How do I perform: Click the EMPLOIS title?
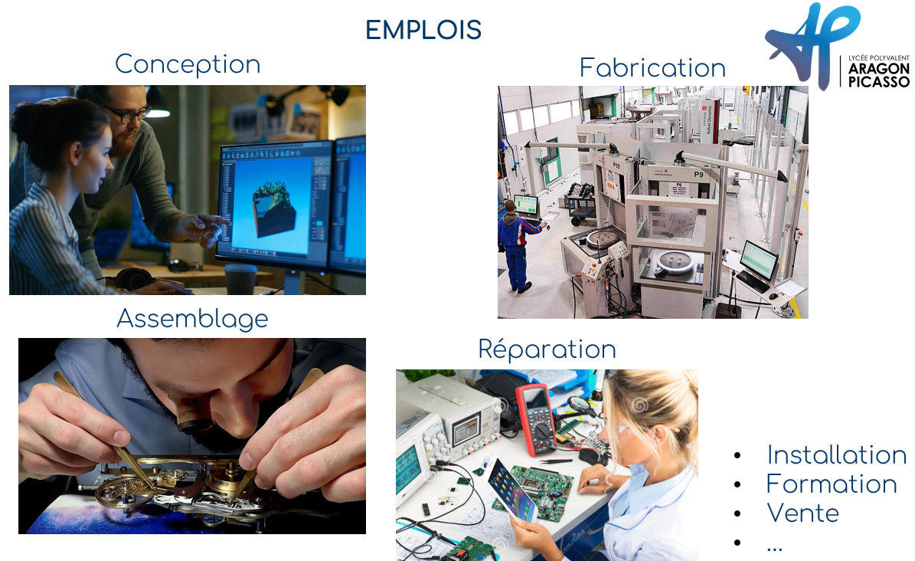(423, 30)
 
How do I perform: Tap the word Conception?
(188, 64)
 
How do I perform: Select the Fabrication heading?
(652, 67)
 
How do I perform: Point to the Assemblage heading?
(192, 319)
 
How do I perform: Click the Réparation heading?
(547, 349)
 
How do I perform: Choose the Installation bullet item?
(837, 454)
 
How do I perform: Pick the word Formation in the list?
(832, 484)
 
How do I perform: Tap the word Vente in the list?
(803, 513)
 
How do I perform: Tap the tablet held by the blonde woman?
(511, 490)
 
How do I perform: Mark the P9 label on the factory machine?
(698, 174)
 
